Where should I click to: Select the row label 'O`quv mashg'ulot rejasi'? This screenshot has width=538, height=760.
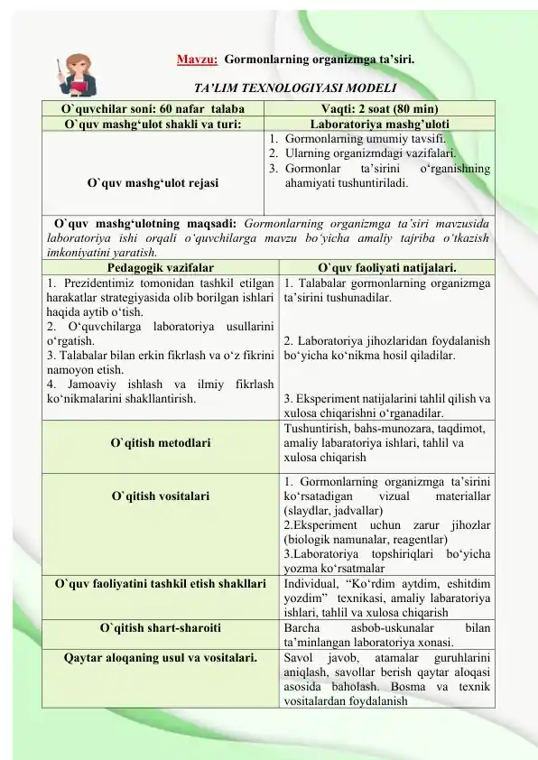click(153, 182)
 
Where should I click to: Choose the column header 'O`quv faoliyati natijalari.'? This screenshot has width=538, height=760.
click(387, 268)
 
